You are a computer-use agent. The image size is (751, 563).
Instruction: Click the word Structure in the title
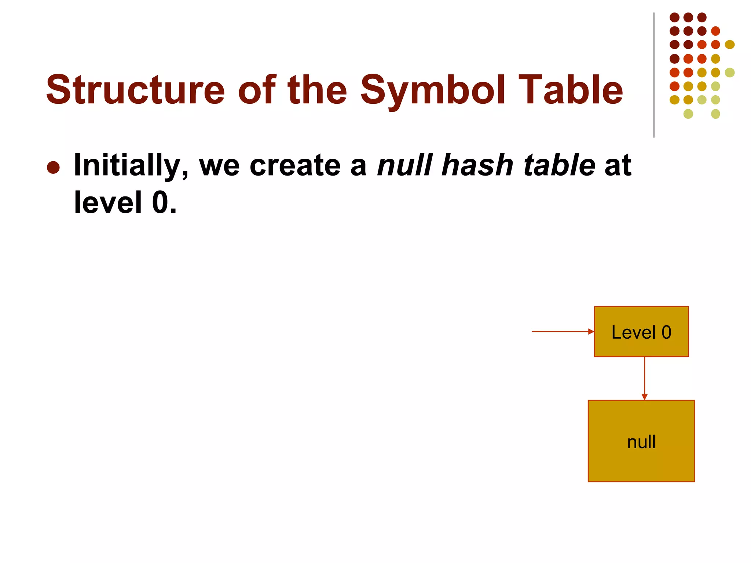135,90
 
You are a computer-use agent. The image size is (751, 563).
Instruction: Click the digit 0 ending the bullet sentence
160,203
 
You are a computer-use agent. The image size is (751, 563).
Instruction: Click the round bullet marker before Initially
54,168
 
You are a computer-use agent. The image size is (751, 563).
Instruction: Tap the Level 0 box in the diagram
641,332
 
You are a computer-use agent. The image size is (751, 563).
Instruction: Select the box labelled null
641,441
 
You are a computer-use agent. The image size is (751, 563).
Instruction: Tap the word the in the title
318,90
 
